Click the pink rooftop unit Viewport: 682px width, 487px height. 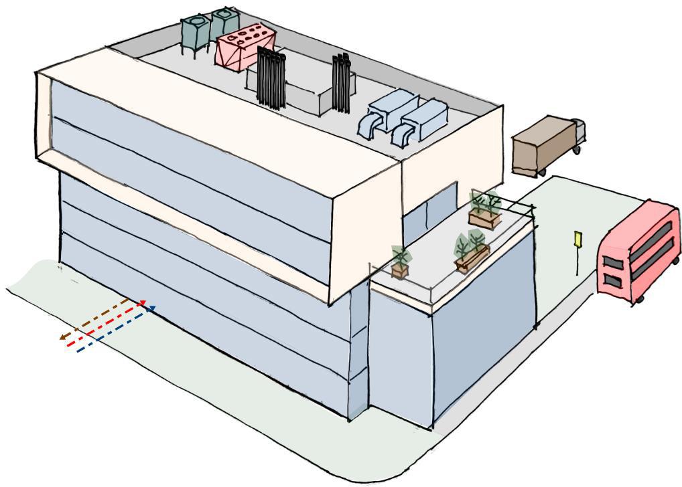coord(244,46)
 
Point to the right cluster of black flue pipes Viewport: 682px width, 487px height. coord(342,84)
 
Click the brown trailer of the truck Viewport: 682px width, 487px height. coord(543,144)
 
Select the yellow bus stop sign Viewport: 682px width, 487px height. coord(577,239)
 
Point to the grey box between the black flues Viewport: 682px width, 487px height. coord(308,94)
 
